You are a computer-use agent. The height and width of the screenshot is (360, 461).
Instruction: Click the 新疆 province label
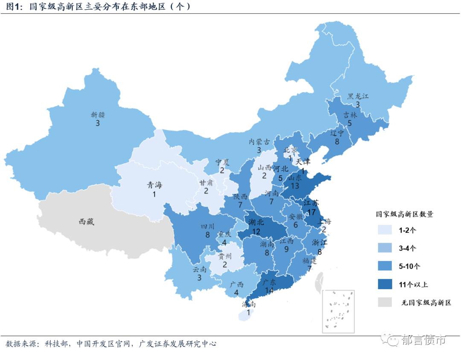[98, 115]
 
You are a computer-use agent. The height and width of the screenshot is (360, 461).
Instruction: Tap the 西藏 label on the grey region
[88, 221]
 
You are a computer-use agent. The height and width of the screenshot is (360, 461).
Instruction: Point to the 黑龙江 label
[358, 96]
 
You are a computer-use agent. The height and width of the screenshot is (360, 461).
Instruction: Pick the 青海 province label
[154, 185]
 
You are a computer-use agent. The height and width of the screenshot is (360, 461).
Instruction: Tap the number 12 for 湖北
[256, 231]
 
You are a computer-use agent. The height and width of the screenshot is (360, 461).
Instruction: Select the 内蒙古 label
[260, 142]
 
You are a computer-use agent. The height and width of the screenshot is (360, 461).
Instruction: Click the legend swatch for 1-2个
[385, 229]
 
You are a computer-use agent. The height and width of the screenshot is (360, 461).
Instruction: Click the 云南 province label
[199, 269]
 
